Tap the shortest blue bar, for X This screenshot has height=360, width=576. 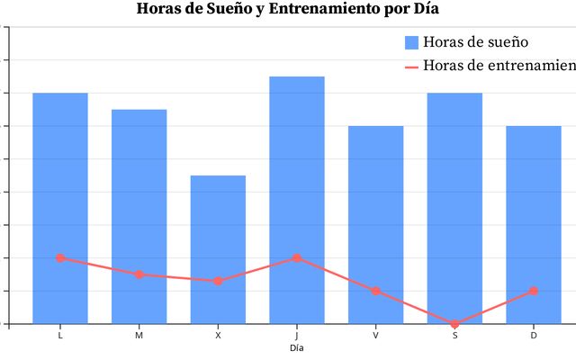pos(218,225)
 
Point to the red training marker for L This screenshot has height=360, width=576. pos(60,258)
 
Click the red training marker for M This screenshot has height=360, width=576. pos(139,274)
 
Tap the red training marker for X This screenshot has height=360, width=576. pos(218,282)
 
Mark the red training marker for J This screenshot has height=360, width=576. pos(297,258)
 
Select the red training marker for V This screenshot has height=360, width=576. pos(375,292)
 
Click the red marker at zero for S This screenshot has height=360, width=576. pos(454,324)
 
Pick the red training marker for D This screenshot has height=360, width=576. pos(534,292)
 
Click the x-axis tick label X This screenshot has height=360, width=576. pos(218,336)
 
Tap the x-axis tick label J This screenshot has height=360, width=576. pos(297,336)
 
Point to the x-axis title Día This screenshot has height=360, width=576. pos(297,347)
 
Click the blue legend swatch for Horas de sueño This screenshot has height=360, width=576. pos(411,42)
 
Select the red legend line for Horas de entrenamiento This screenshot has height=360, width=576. pos(411,66)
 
